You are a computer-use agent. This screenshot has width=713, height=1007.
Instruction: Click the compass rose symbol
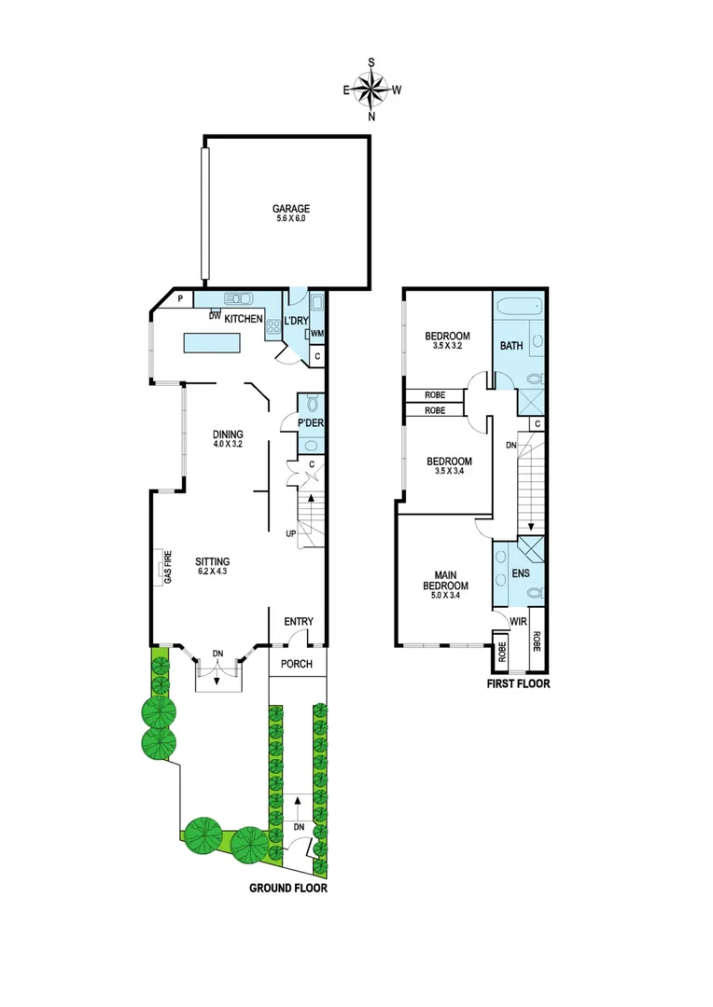(x=372, y=89)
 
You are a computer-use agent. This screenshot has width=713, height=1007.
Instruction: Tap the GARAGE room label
(x=290, y=209)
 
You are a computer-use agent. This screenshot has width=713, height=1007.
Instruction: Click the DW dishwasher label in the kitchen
(x=214, y=317)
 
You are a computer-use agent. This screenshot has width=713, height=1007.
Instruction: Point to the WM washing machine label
(x=316, y=334)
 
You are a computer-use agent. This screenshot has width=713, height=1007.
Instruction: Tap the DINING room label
(x=228, y=435)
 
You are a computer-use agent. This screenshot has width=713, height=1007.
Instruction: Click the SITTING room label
(x=211, y=561)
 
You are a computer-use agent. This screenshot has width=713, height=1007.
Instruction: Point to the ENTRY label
(x=299, y=623)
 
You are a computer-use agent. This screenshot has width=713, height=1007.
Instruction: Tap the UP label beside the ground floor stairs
(x=291, y=534)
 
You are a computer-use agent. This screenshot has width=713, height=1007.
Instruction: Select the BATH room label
(x=511, y=346)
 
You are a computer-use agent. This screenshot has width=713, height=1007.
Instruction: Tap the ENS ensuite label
(x=521, y=574)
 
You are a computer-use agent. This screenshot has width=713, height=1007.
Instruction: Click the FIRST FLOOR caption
(x=518, y=683)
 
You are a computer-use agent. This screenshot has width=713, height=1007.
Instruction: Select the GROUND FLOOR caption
(x=287, y=889)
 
